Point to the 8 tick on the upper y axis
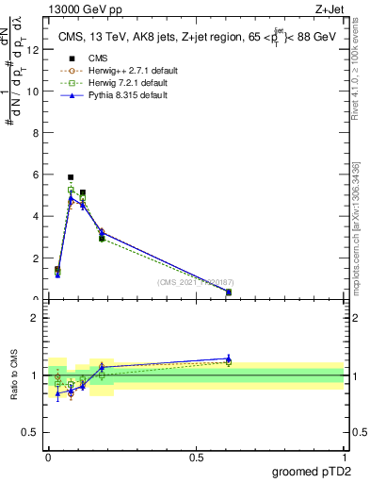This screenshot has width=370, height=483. pos(38,133)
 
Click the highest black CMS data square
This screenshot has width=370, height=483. pos(71,177)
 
